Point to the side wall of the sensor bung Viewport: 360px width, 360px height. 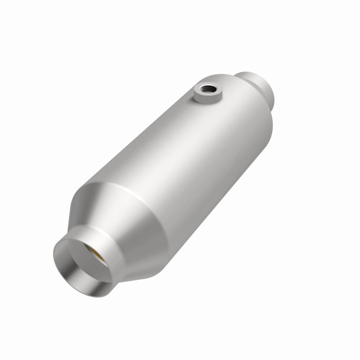tap(205, 99)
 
